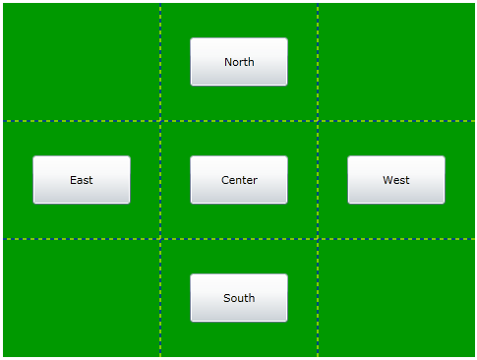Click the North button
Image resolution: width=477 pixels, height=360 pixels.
pyautogui.click(x=239, y=62)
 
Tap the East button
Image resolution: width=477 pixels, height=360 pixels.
pyautogui.click(x=82, y=180)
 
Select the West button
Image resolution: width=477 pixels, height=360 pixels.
pyautogui.click(x=396, y=180)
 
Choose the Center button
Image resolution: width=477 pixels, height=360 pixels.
pyautogui.click(x=239, y=180)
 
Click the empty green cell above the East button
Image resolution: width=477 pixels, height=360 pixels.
pyautogui.click(x=82, y=62)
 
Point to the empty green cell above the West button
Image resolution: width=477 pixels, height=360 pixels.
pyautogui.click(x=396, y=62)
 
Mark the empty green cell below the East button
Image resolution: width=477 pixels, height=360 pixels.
pyautogui.click(x=82, y=298)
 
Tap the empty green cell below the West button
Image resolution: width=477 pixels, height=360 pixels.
pyautogui.click(x=396, y=298)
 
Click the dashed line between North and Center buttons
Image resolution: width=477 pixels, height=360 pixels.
pyautogui.click(x=239, y=121)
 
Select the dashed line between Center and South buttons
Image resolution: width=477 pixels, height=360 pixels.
pyautogui.click(x=239, y=239)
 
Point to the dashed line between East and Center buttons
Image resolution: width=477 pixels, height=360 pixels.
pyautogui.click(x=160, y=180)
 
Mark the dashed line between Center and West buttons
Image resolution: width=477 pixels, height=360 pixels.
pyautogui.click(x=318, y=180)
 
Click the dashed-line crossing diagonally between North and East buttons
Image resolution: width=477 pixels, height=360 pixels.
pyautogui.click(x=160, y=121)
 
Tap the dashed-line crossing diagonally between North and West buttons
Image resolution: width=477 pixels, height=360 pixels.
pyautogui.click(x=318, y=121)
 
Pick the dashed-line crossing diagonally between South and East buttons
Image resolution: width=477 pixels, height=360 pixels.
pyautogui.click(x=160, y=239)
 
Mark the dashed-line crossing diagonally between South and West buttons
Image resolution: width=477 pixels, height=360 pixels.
pyautogui.click(x=318, y=239)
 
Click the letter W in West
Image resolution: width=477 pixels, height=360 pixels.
pyautogui.click(x=388, y=180)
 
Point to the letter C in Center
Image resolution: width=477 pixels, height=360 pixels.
pyautogui.click(x=225, y=180)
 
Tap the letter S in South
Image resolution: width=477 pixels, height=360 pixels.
pyautogui.click(x=227, y=298)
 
